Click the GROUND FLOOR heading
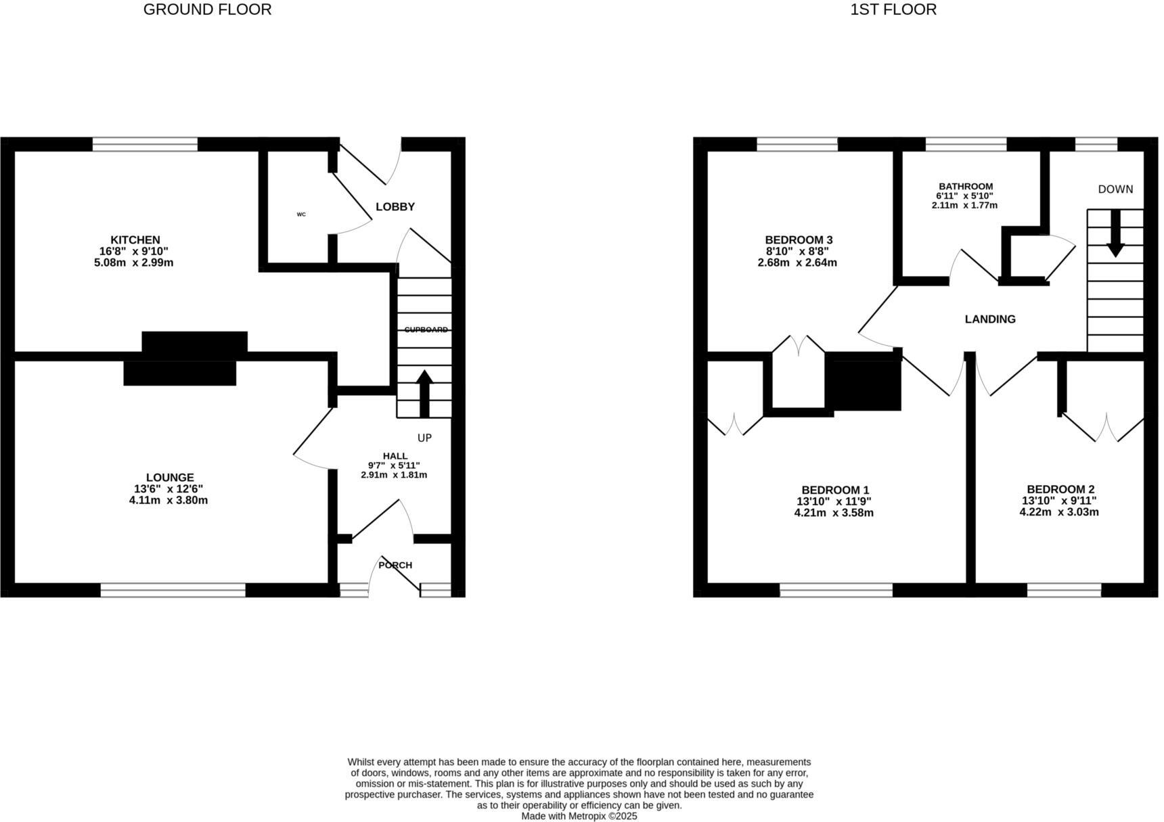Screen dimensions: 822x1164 click(207, 9)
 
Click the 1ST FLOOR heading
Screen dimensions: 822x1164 click(893, 9)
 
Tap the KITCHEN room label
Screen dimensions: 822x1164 click(135, 239)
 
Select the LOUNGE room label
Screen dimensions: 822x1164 click(170, 478)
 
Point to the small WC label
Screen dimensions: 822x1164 click(301, 214)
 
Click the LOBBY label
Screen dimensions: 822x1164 click(395, 207)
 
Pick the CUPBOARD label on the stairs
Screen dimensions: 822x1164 click(426, 329)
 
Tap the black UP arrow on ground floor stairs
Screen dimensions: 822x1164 click(424, 392)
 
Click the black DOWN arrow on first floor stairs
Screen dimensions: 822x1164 click(1115, 233)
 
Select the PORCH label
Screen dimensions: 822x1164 click(395, 565)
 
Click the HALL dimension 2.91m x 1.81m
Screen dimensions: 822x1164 click(394, 475)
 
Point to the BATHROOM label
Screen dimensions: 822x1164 click(966, 186)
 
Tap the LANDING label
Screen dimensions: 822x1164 click(990, 319)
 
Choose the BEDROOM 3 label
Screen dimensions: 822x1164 click(799, 239)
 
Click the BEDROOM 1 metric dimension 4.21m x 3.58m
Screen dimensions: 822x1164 click(834, 513)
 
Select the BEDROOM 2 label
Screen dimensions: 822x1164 click(1060, 489)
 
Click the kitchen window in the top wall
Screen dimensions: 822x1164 click(145, 144)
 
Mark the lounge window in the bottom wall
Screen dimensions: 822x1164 click(173, 590)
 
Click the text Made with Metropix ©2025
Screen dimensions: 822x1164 click(579, 816)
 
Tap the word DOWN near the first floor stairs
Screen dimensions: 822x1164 click(1115, 189)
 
